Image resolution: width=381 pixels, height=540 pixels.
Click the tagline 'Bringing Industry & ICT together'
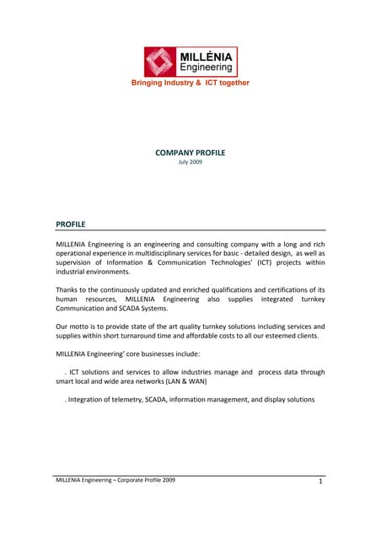click(x=190, y=83)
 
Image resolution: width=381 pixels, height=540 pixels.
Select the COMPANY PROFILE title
click(x=190, y=153)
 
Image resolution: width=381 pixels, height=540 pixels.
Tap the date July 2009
click(x=190, y=161)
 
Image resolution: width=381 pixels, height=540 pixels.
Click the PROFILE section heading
click(x=71, y=224)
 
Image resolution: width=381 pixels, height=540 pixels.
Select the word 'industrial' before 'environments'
click(x=73, y=273)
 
